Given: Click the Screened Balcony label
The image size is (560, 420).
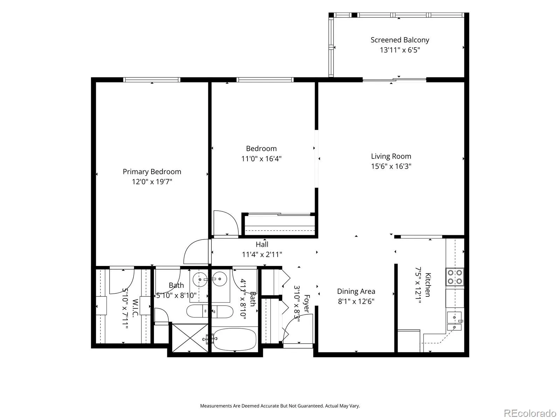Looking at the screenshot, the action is click(400, 40).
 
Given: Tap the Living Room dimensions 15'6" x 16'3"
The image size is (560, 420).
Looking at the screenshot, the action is click(391, 166).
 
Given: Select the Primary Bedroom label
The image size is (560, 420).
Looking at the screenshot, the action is click(152, 171).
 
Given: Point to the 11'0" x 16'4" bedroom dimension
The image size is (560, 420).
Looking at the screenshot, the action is click(261, 159).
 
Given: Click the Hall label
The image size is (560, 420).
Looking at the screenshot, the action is click(262, 244).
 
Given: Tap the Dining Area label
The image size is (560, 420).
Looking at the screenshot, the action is click(356, 291).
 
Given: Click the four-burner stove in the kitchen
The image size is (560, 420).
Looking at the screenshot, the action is click(455, 277).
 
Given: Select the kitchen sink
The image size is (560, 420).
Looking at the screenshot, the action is click(454, 321).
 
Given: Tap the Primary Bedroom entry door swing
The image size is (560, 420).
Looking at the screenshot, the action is click(196, 251).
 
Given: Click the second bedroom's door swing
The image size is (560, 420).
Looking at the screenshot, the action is click(226, 223).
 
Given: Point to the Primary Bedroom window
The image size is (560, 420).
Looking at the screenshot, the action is click(152, 80).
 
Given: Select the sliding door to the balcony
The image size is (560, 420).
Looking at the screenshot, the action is click(394, 80).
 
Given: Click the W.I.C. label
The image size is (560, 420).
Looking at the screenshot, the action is click(135, 308).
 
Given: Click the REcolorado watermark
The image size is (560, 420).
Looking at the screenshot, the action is click(530, 413).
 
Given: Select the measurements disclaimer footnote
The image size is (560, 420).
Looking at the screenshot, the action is click(280, 406).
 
